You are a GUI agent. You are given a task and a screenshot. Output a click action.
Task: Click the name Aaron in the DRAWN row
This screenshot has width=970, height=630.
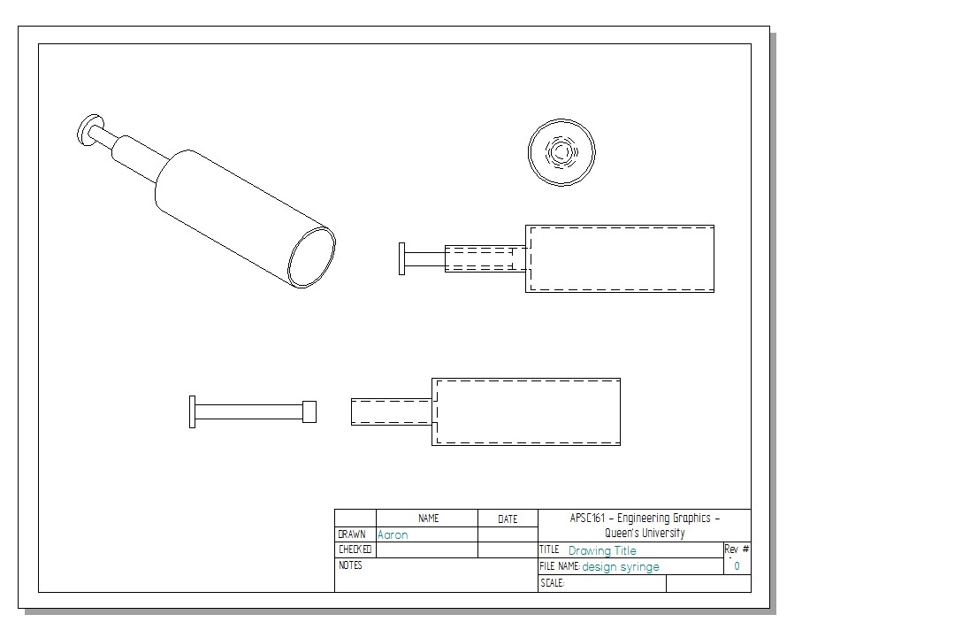click(393, 534)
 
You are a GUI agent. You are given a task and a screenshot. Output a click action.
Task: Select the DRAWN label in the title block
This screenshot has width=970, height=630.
click(351, 534)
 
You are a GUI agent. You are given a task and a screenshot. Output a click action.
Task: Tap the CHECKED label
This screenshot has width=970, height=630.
click(355, 549)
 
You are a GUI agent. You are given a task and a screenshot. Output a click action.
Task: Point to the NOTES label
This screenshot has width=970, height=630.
click(350, 565)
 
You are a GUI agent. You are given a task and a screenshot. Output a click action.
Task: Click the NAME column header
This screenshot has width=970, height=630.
click(428, 519)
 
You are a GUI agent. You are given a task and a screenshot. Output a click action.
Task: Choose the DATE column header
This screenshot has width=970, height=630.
click(508, 519)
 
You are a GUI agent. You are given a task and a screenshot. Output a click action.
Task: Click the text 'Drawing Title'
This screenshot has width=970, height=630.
click(602, 550)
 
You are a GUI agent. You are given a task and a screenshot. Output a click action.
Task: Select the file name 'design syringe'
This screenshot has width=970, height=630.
click(621, 567)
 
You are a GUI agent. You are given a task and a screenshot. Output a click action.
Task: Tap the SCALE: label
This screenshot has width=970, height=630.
click(553, 583)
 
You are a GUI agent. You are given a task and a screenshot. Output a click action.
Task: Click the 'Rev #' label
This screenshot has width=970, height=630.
click(737, 549)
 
